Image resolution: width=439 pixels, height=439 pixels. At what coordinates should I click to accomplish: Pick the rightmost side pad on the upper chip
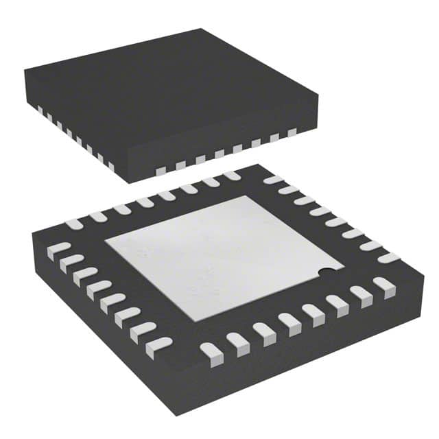292,132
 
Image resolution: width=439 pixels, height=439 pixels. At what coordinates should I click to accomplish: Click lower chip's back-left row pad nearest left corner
75,224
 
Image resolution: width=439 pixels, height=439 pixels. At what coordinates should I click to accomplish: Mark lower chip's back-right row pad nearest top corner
273,180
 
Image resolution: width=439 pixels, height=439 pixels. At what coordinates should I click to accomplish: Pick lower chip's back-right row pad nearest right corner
388,258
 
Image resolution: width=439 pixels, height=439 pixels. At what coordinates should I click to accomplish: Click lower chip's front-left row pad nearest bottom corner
159,343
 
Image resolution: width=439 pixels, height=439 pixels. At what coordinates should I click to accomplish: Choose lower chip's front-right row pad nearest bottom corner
211,351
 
